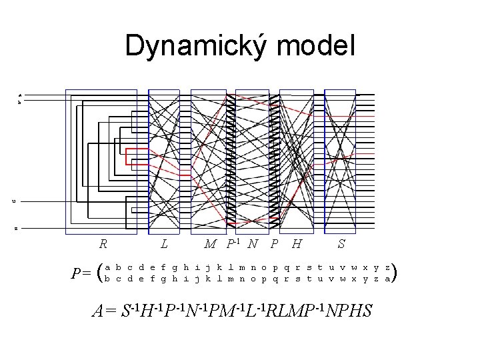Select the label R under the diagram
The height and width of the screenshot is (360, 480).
pos(103,245)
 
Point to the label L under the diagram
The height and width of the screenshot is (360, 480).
pos(164,245)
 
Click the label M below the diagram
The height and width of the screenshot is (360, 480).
pos(209,245)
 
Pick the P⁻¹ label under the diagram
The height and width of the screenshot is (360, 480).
pos(232,243)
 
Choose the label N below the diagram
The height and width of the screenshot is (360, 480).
pos(252,245)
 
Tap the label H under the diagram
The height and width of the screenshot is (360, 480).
pos(297,245)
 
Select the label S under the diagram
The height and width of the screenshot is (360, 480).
pos(341,245)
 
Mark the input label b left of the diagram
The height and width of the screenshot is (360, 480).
pos(20,103)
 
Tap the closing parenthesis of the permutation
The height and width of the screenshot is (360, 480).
pos(395,271)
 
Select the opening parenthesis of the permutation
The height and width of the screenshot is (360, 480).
pos(100,271)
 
